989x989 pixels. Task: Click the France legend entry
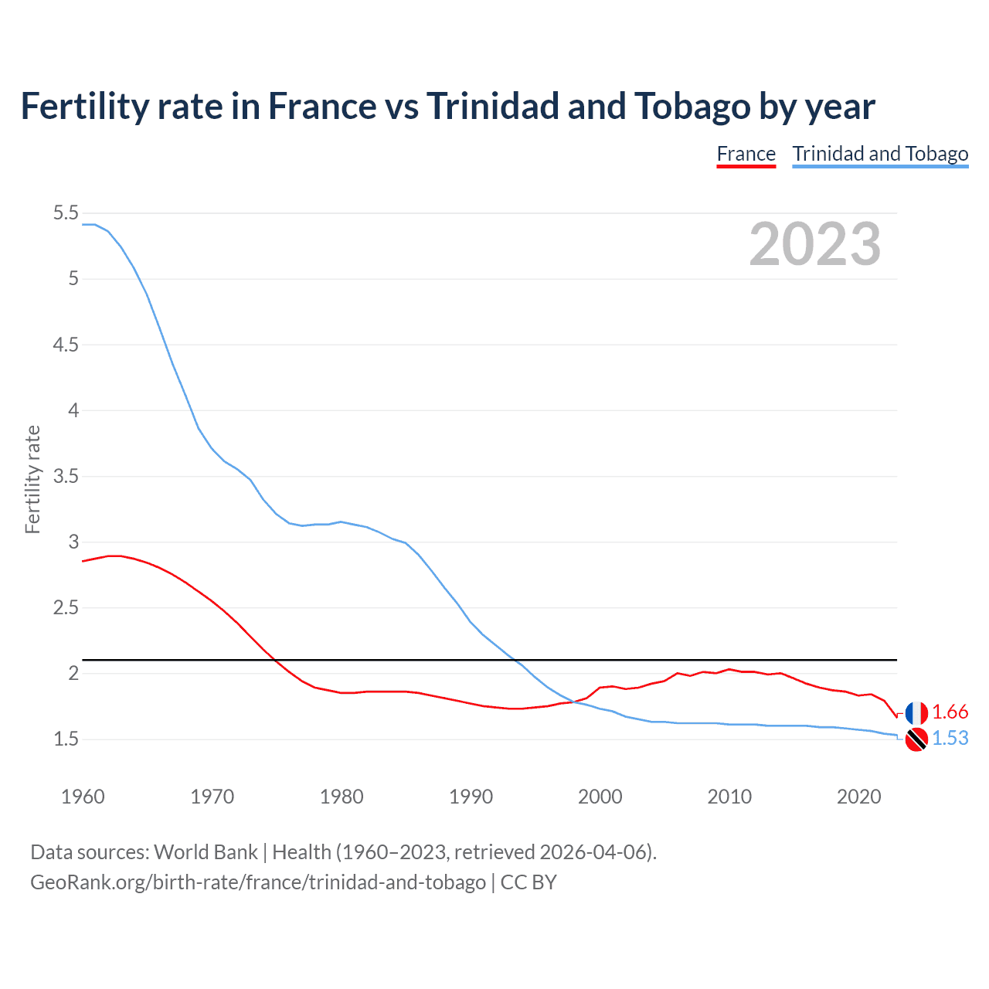pyautogui.click(x=746, y=154)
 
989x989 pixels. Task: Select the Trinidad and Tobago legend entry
pyautogui.click(x=880, y=154)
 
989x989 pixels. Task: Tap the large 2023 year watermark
pyautogui.click(x=814, y=244)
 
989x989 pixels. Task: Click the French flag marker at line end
pyautogui.click(x=916, y=713)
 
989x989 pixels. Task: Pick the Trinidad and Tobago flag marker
pyautogui.click(x=916, y=739)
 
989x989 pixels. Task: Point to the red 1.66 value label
pyautogui.click(x=950, y=712)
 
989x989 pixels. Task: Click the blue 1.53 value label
pyautogui.click(x=950, y=739)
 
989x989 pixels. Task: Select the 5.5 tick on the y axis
pyautogui.click(x=66, y=213)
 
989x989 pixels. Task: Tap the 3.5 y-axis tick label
pyautogui.click(x=66, y=477)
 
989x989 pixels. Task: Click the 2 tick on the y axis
pyautogui.click(x=73, y=674)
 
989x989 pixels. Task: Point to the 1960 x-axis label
pyautogui.click(x=83, y=797)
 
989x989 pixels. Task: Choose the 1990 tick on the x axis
pyautogui.click(x=471, y=797)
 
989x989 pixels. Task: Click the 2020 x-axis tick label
pyautogui.click(x=858, y=797)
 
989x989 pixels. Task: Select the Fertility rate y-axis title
pyautogui.click(x=32, y=479)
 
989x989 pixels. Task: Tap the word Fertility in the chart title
pyautogui.click(x=84, y=107)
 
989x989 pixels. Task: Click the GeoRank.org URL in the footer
pyautogui.click(x=257, y=882)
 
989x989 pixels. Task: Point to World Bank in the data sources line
pyautogui.click(x=206, y=852)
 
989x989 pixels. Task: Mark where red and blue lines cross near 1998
pyautogui.click(x=574, y=702)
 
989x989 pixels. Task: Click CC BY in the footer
pyautogui.click(x=528, y=882)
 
